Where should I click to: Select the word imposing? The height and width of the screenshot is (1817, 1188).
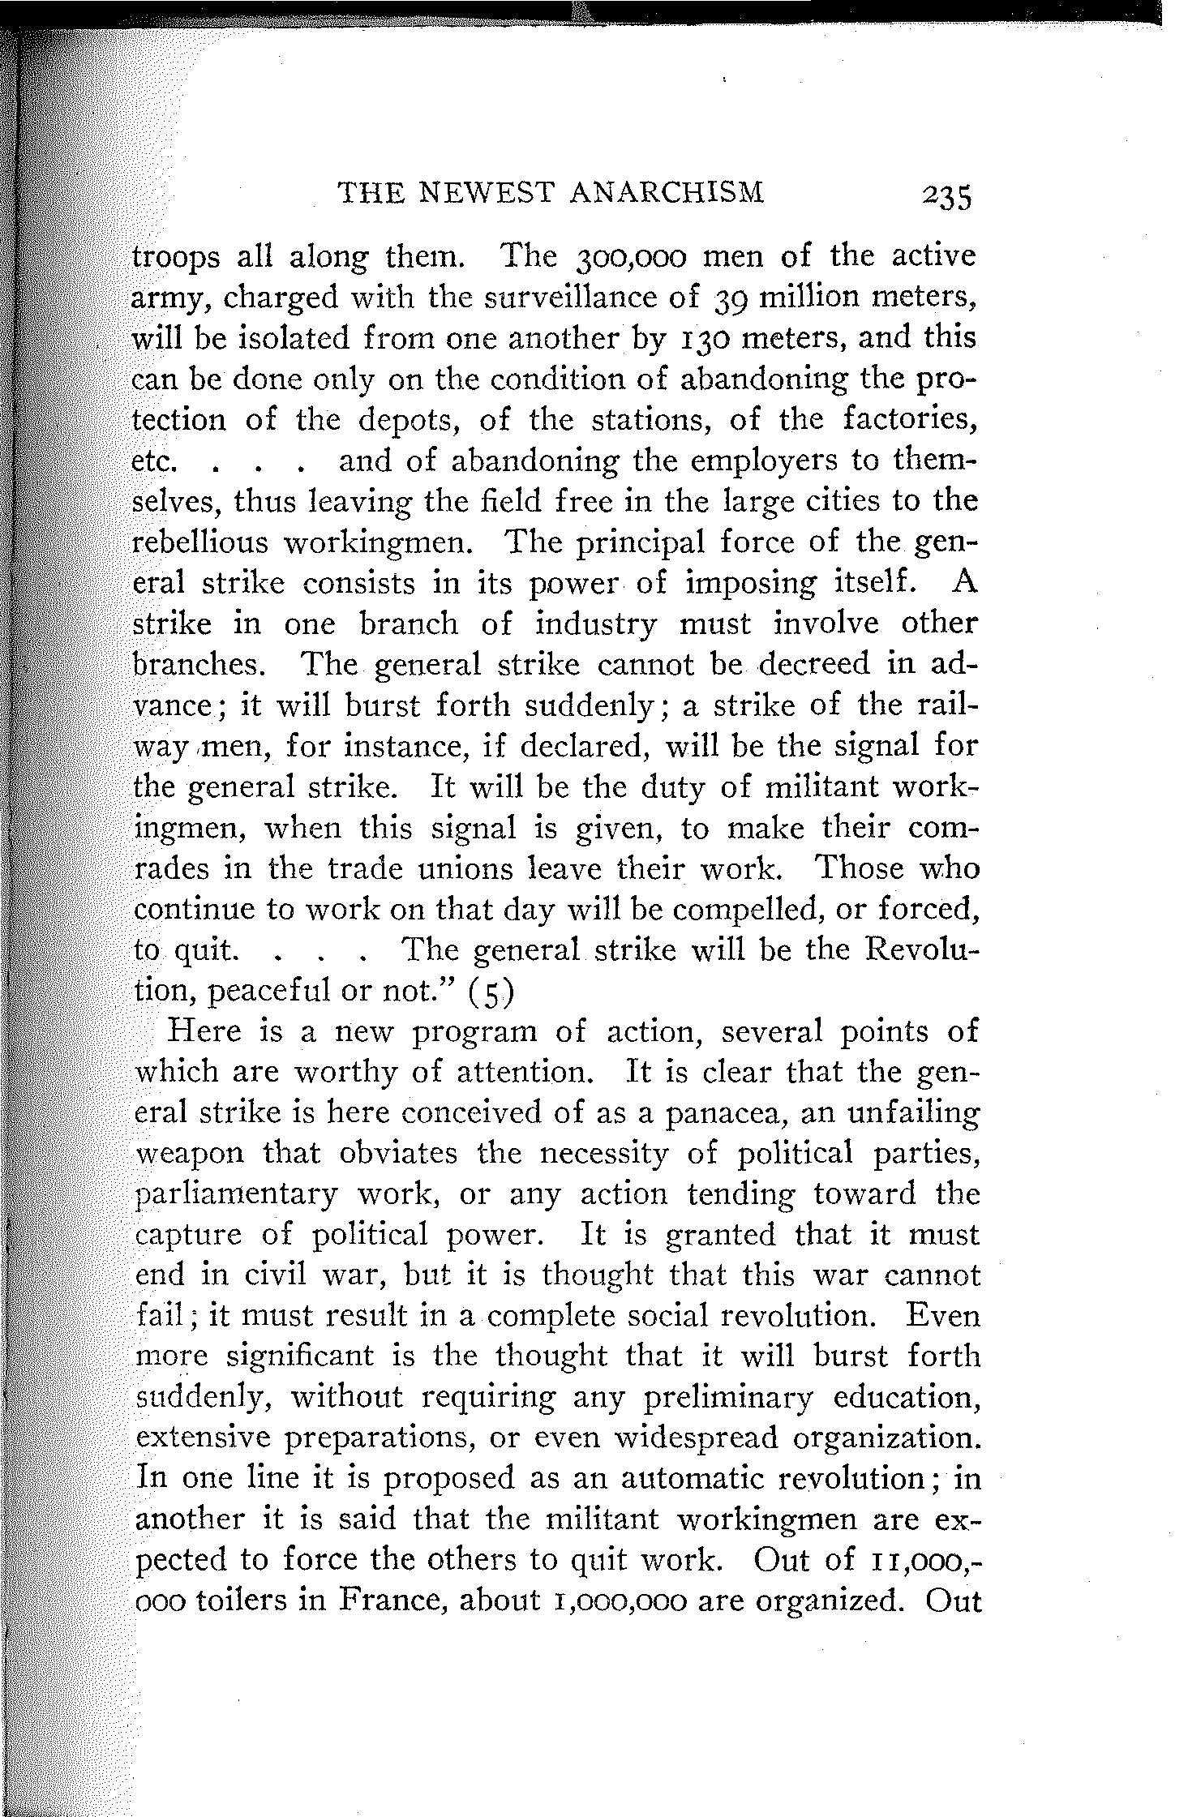[x=746, y=583]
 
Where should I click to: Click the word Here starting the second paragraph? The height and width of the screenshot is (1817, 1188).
[x=203, y=1031]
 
